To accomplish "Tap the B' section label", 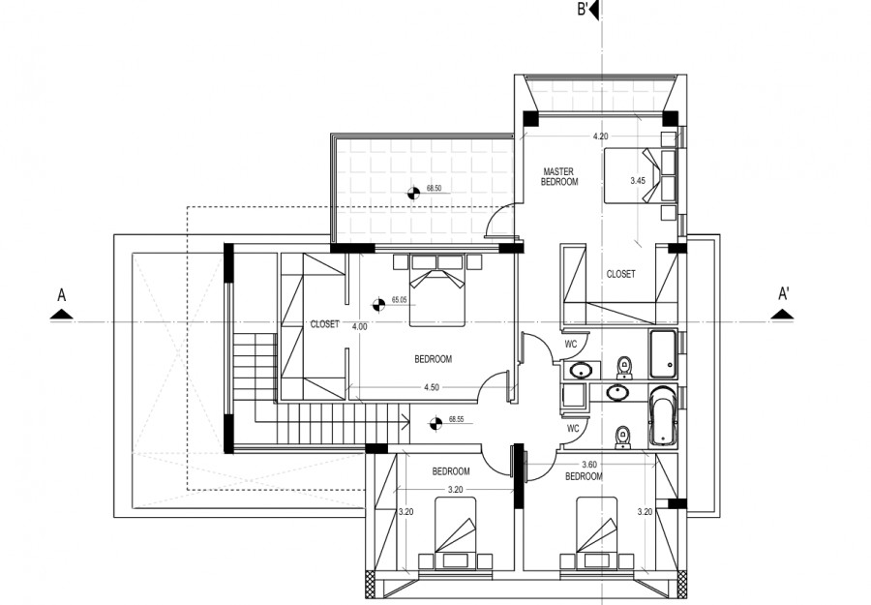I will pyautogui.click(x=583, y=11).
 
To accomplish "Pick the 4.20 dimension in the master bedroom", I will pyautogui.click(x=600, y=136).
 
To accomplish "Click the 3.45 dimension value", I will pyautogui.click(x=637, y=181).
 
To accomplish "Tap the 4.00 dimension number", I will pyautogui.click(x=359, y=326).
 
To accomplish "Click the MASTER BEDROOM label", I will pyautogui.click(x=559, y=176).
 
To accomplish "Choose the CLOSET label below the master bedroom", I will pyautogui.click(x=620, y=274).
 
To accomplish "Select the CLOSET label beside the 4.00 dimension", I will pyautogui.click(x=324, y=324).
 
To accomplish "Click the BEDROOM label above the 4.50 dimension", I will pyautogui.click(x=433, y=359).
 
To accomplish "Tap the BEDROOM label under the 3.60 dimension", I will pyautogui.click(x=584, y=476).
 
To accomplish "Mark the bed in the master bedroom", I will pyautogui.click(x=635, y=176).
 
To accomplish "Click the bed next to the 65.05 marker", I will pyautogui.click(x=436, y=289).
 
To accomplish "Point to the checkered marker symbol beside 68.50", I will pyautogui.click(x=412, y=191).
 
